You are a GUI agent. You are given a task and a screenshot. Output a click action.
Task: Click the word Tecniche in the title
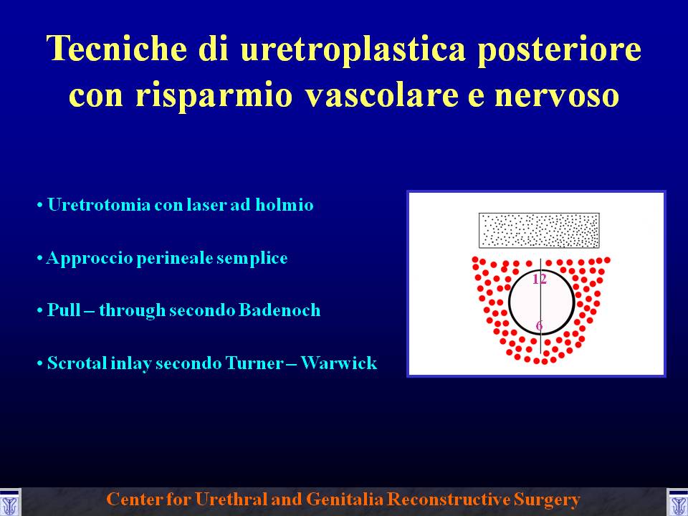(x=117, y=48)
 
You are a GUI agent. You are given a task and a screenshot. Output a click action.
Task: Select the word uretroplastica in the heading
(x=353, y=50)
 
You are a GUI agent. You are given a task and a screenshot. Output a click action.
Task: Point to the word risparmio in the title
(x=214, y=95)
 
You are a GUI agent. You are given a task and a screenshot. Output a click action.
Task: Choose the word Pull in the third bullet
(x=64, y=310)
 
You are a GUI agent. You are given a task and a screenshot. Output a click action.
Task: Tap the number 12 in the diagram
(x=539, y=279)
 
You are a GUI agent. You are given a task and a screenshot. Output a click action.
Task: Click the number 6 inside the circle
(x=539, y=325)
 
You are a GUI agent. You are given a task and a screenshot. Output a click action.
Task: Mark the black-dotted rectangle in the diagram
(x=539, y=230)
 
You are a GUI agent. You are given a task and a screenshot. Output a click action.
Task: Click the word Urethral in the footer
(x=231, y=500)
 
